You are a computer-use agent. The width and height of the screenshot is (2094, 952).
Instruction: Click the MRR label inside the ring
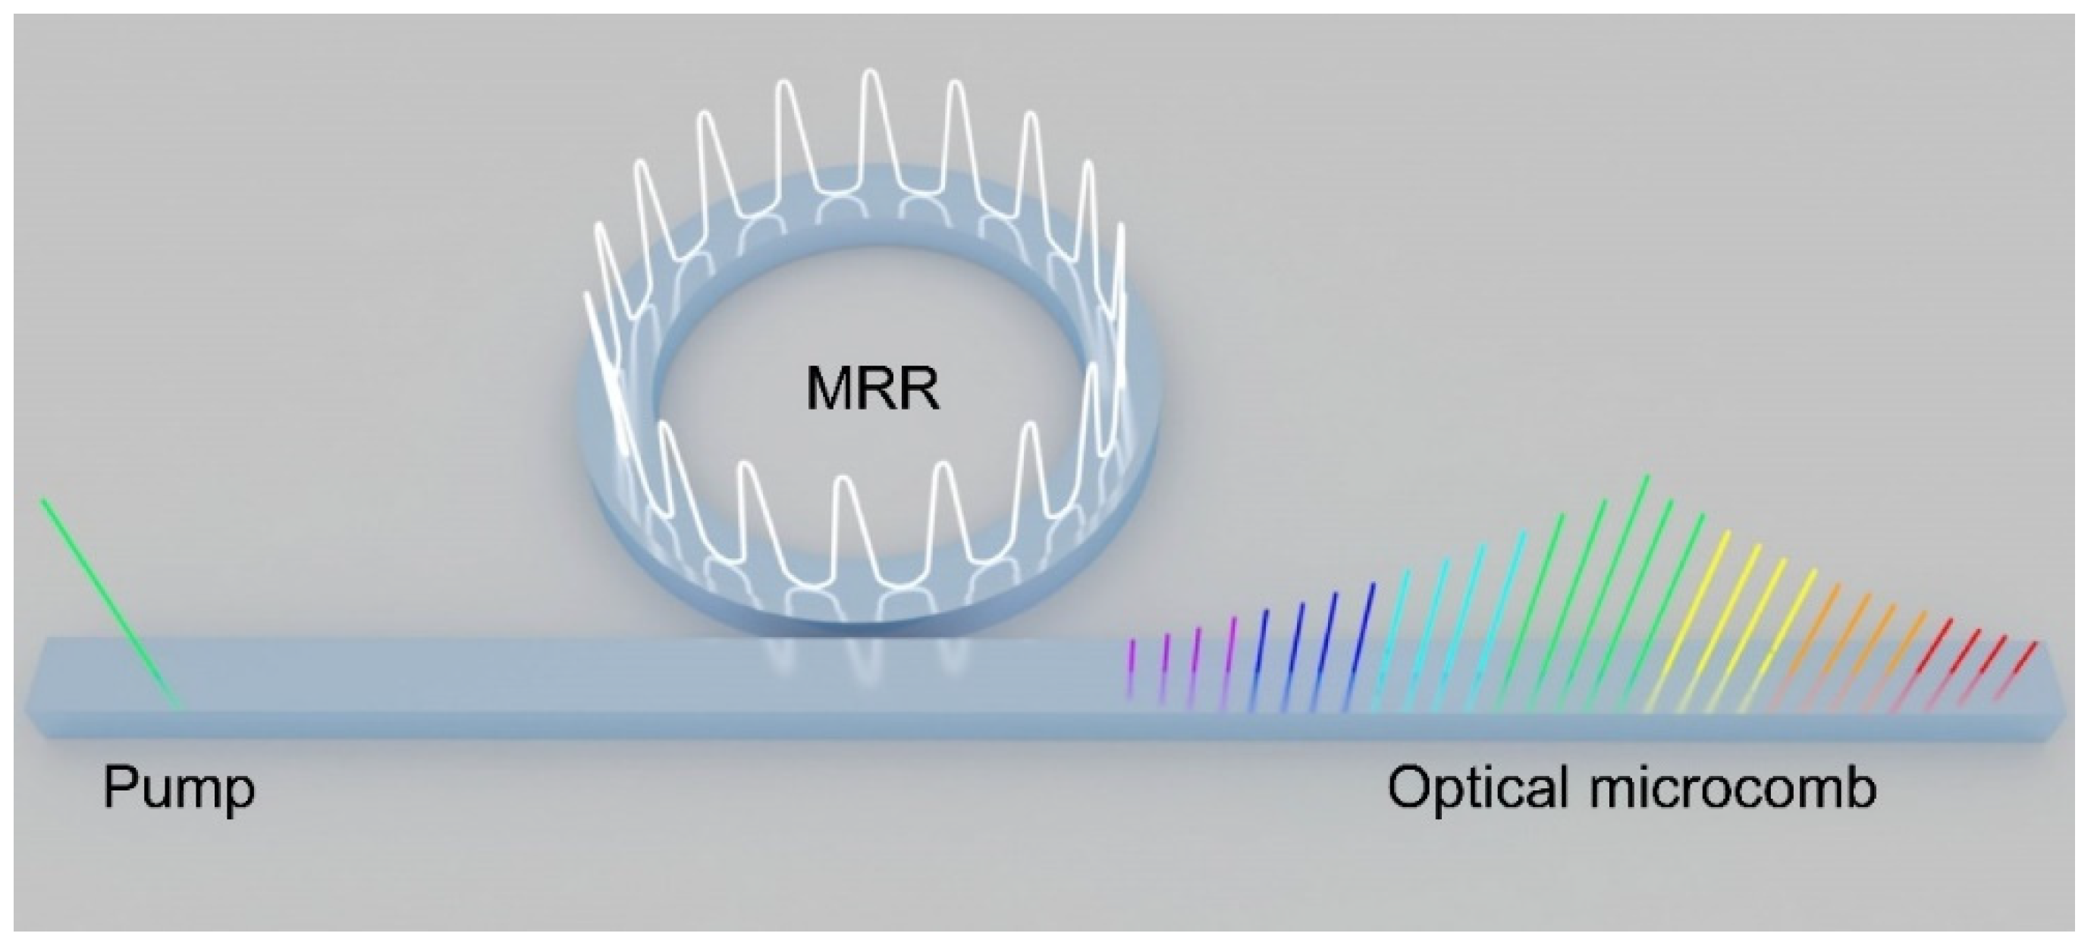click(872, 393)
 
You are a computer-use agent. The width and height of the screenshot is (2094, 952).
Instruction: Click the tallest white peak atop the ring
click(871, 122)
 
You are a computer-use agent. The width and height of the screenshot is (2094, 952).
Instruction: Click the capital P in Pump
click(118, 789)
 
